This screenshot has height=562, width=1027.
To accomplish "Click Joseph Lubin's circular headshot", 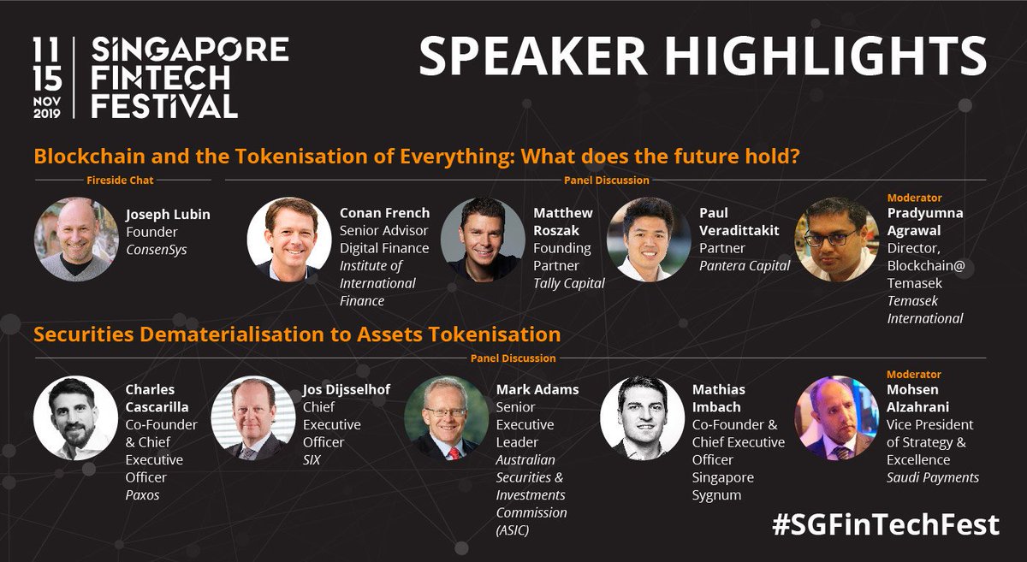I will [x=76, y=240].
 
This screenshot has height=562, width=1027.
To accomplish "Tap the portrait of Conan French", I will [x=289, y=240].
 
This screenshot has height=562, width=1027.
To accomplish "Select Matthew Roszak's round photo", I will [x=483, y=240].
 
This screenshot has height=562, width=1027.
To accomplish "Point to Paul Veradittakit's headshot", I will [x=649, y=240].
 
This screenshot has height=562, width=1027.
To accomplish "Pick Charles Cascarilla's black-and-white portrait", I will [x=75, y=418].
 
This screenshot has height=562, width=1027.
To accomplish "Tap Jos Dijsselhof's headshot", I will [x=253, y=418].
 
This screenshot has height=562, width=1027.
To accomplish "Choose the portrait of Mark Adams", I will [x=446, y=418].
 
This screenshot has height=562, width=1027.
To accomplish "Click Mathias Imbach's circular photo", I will [x=642, y=418].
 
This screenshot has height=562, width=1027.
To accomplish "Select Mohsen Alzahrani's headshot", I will [x=837, y=418].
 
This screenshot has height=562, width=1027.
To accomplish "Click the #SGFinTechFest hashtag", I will [x=885, y=524].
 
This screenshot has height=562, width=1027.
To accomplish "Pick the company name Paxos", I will [x=143, y=494].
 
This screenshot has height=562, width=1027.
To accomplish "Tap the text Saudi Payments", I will [x=933, y=477].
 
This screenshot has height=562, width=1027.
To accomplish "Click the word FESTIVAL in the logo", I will [x=164, y=105].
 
